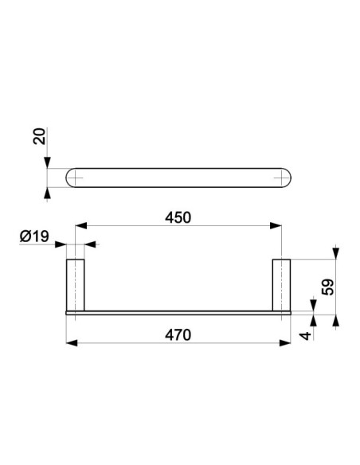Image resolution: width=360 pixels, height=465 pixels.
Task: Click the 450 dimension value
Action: (178, 217)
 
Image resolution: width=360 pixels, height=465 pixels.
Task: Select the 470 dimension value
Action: (178, 335)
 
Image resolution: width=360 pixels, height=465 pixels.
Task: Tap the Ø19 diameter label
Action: (34, 236)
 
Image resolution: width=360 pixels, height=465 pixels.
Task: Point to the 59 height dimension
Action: (327, 287)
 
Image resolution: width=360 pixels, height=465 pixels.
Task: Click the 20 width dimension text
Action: (40, 136)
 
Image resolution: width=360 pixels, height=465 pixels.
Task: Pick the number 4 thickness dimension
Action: (305, 336)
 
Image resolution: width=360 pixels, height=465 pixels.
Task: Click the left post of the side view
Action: (76, 285)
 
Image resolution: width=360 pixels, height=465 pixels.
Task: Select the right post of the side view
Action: (281, 285)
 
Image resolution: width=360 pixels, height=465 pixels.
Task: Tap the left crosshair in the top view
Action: (76, 178)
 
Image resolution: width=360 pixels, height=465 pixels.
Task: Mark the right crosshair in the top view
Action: (281, 178)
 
